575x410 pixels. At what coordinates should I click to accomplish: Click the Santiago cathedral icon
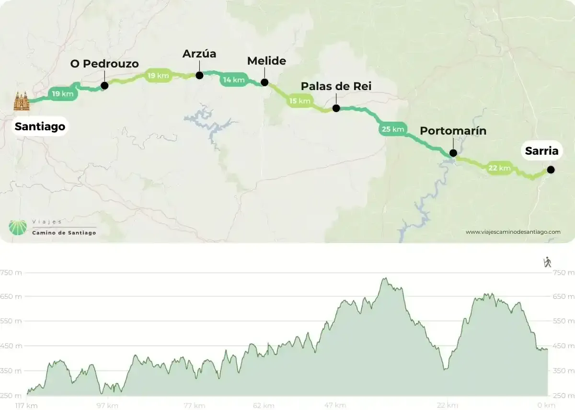(22, 101)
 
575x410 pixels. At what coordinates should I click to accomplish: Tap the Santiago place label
(40, 127)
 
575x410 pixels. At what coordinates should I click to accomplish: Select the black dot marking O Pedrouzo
(104, 86)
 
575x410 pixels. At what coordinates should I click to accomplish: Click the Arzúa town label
(199, 54)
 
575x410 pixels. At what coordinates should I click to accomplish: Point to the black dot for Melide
(264, 82)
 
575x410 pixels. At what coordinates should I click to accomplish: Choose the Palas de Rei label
(336, 86)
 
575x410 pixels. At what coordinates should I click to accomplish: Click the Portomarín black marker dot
(453, 153)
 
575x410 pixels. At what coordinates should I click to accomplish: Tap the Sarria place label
(541, 151)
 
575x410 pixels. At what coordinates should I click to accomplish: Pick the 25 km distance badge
(393, 129)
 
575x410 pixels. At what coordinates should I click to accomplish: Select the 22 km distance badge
(499, 168)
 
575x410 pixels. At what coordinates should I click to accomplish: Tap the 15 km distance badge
(300, 101)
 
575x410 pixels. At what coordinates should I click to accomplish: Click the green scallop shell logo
(18, 227)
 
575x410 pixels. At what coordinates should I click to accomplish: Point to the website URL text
(513, 232)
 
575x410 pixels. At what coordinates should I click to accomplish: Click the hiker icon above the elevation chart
(547, 262)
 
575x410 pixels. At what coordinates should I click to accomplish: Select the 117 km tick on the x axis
(26, 405)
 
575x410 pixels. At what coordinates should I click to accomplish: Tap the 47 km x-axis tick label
(334, 405)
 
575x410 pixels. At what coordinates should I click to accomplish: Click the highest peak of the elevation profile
(384, 278)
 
